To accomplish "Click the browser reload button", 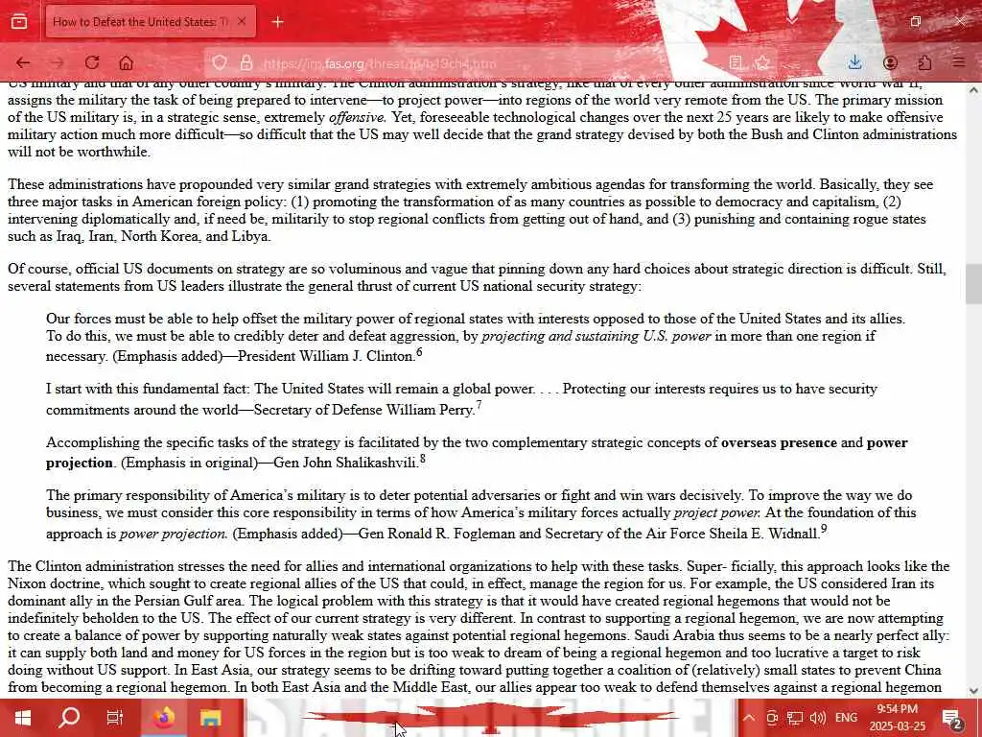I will click(92, 63).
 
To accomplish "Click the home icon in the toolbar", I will click(126, 63).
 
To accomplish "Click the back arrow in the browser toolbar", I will click(23, 63).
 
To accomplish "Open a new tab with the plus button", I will click(277, 21).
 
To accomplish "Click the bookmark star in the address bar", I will click(762, 63).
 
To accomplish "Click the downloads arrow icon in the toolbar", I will click(854, 63).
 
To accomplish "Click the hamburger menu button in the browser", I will click(958, 63).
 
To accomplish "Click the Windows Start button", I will click(22, 717).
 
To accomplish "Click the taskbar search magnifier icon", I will click(69, 717).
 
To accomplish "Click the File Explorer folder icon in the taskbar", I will click(210, 717).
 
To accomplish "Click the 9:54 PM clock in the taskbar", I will click(898, 717).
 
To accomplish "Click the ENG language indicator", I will click(846, 717).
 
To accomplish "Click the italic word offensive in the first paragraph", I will click(357, 118).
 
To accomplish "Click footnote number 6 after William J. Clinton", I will click(419, 353).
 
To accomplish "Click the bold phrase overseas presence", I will click(779, 443).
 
